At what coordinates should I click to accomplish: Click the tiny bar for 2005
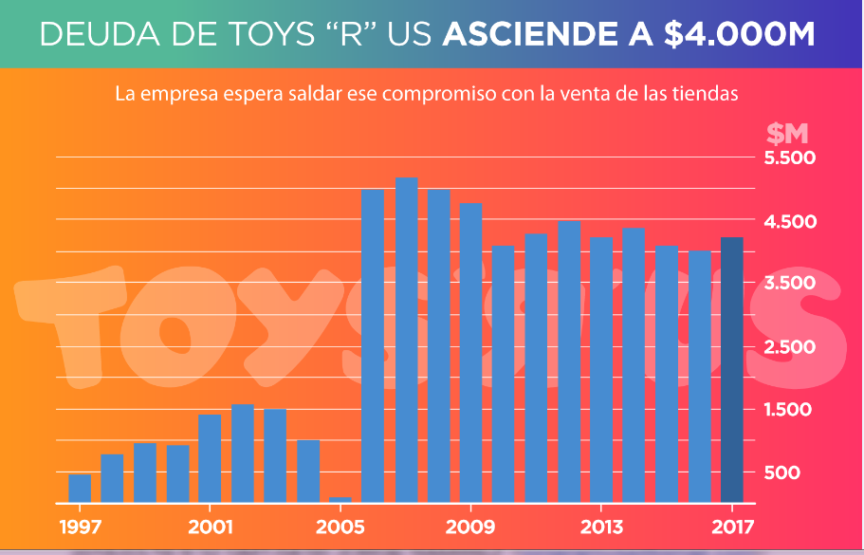[x=340, y=499]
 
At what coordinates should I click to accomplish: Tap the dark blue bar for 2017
[x=732, y=370]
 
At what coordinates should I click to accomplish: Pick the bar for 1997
[x=80, y=488]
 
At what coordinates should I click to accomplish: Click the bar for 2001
[x=210, y=458]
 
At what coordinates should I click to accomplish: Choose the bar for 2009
[x=470, y=352]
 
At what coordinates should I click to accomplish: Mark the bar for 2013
[x=601, y=369]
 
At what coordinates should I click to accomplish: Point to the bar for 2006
[x=373, y=345]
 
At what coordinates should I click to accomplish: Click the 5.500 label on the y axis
[x=790, y=158]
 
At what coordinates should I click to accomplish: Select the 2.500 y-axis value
[x=790, y=347]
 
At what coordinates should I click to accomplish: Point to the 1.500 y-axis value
[x=790, y=410]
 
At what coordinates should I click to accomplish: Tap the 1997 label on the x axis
[x=80, y=527]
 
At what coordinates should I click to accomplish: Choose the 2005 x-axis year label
[x=340, y=527]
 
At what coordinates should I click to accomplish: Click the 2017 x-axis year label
[x=732, y=527]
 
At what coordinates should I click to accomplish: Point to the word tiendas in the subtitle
[x=708, y=95]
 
